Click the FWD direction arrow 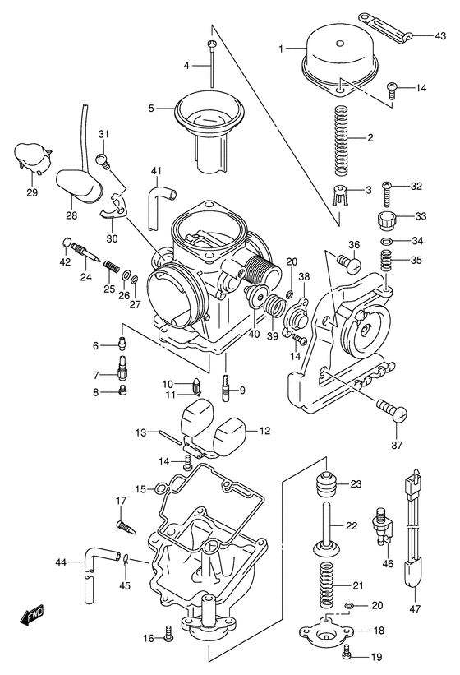click(x=32, y=614)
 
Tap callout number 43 click(x=440, y=35)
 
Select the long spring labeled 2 click(x=342, y=141)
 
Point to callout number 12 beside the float click(x=265, y=431)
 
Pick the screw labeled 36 click(x=348, y=262)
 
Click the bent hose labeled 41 click(x=161, y=206)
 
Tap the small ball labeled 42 click(x=67, y=243)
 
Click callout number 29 click(x=32, y=192)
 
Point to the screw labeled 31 click(x=103, y=161)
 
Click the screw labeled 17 click(x=126, y=527)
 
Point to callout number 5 click(x=151, y=109)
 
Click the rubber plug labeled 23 click(x=326, y=485)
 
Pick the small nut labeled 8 click(x=123, y=391)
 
